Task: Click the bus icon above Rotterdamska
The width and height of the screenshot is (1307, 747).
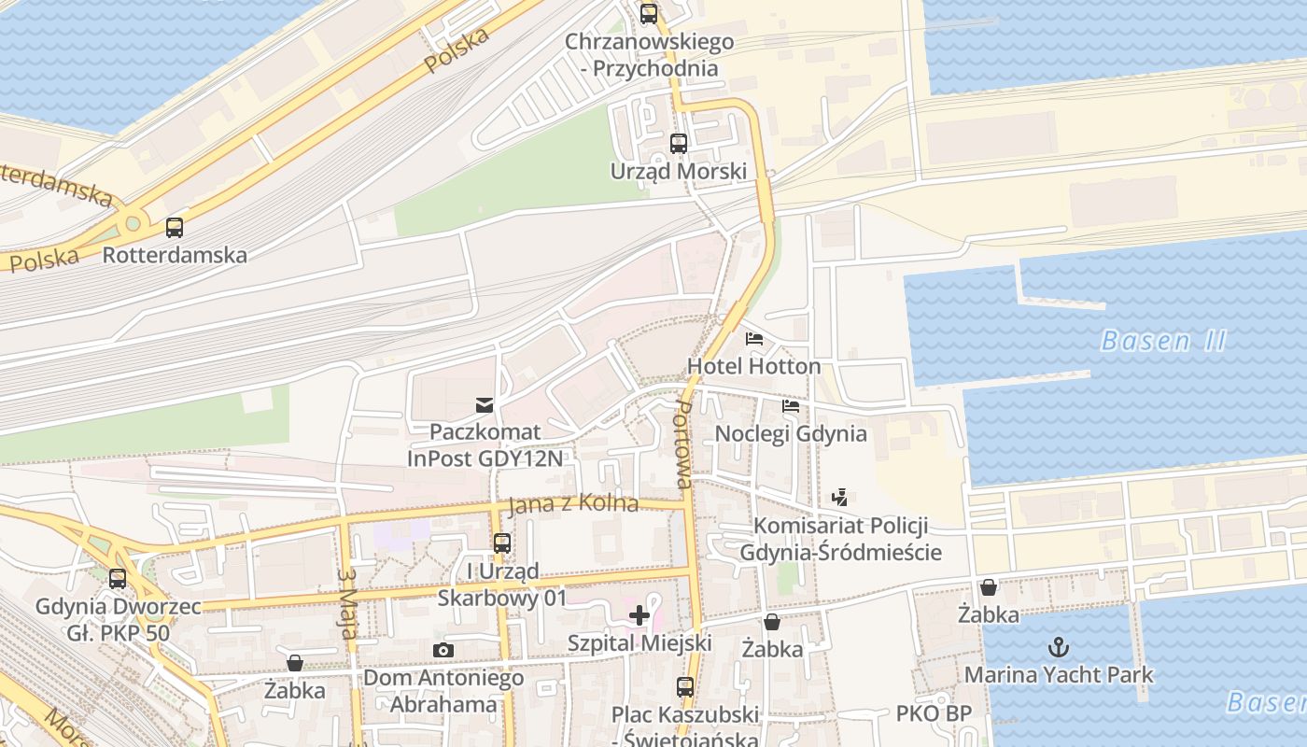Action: [x=175, y=227]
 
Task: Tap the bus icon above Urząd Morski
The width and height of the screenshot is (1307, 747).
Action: [x=679, y=144]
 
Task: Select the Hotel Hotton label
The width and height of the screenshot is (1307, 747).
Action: [x=754, y=366]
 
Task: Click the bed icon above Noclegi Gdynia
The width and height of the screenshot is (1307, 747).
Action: [x=791, y=406]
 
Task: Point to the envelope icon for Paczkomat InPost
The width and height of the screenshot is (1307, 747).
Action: [x=485, y=404]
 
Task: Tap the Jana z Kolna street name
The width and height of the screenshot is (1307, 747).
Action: [x=573, y=504]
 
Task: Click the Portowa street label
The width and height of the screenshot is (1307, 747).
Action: [x=684, y=445]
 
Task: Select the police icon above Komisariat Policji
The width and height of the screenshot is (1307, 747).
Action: [x=839, y=498]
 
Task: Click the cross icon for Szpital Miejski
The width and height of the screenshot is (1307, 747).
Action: [x=639, y=615]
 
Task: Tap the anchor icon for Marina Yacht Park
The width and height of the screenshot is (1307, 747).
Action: [x=1059, y=646]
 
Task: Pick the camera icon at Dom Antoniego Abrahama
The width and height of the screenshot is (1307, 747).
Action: [x=443, y=650]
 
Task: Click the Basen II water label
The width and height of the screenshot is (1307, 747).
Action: [x=1162, y=341]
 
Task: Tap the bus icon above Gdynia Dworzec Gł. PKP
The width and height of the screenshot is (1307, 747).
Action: [x=118, y=579]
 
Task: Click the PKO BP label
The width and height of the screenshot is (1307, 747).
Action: [x=934, y=714]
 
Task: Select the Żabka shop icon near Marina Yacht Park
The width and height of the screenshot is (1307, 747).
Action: [x=989, y=587]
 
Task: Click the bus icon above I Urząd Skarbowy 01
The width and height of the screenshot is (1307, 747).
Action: [x=502, y=543]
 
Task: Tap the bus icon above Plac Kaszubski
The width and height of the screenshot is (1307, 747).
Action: [x=685, y=687]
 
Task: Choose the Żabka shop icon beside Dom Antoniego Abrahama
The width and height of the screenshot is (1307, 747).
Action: [x=295, y=663]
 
